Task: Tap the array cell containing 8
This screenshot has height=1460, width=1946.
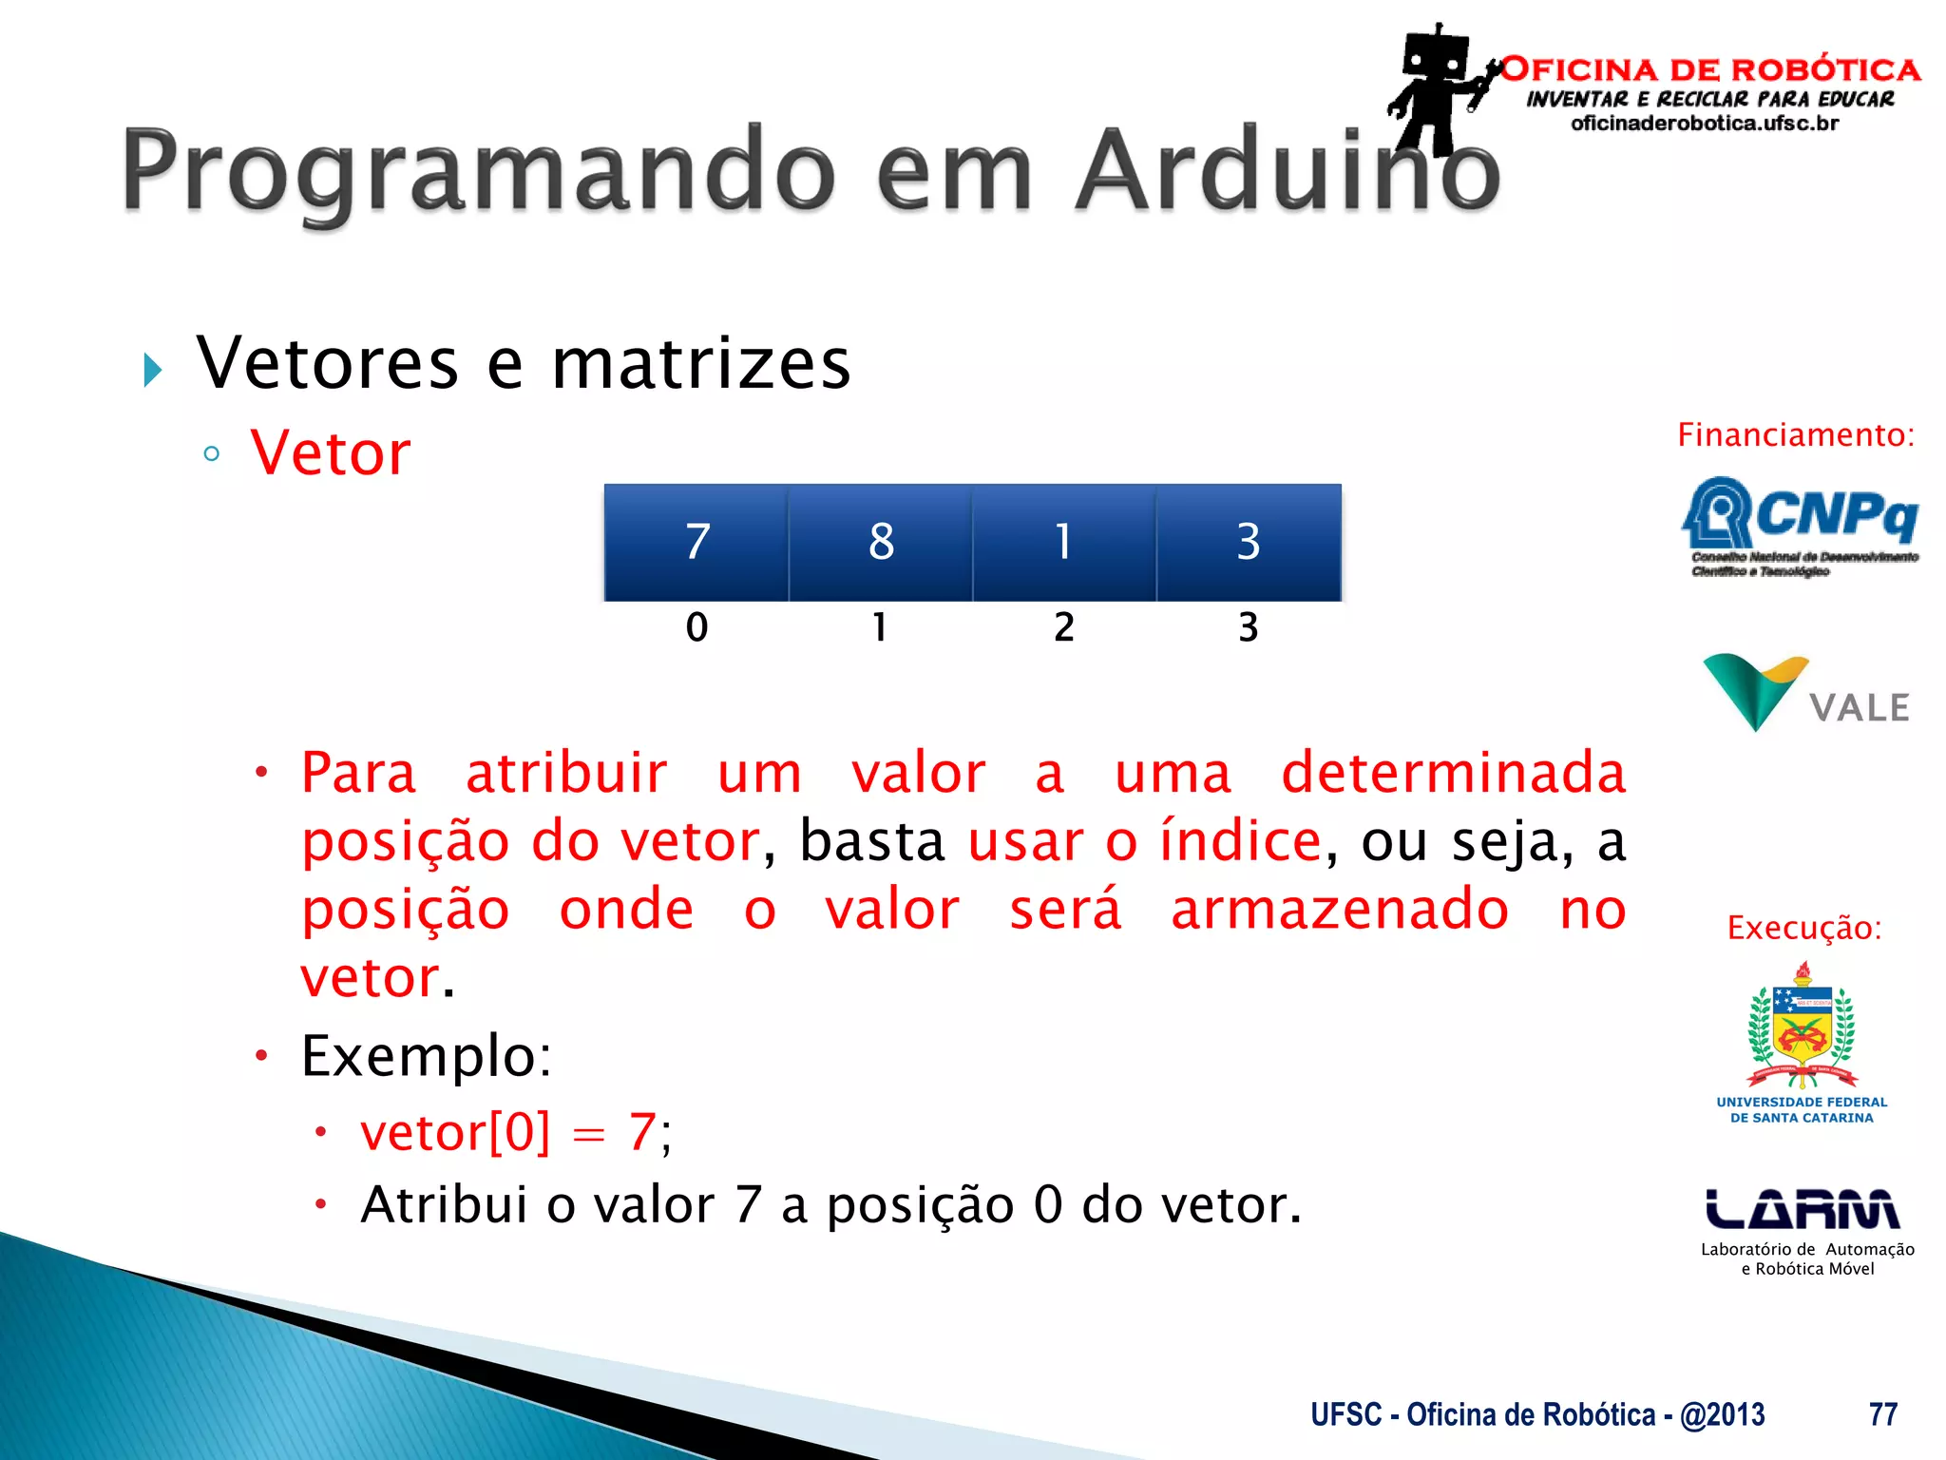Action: click(881, 543)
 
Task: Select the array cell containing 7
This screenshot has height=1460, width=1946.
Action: click(696, 543)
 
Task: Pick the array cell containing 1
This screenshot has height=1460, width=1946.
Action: click(1064, 543)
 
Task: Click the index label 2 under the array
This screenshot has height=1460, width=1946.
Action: click(1064, 627)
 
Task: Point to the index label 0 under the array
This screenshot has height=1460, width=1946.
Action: click(696, 627)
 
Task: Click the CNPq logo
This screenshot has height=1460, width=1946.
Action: click(1800, 525)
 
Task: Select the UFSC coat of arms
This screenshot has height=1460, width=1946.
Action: click(1802, 1027)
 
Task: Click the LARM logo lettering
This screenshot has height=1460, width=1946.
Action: click(1802, 1210)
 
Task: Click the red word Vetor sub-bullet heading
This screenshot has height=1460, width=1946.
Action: click(331, 453)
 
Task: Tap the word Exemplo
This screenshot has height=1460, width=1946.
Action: click(426, 1056)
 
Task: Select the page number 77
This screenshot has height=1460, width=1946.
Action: click(1882, 1414)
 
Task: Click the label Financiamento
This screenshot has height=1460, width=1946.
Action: click(1795, 435)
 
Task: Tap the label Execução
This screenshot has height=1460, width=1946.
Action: click(1803, 928)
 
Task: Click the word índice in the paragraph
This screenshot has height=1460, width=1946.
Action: click(1240, 841)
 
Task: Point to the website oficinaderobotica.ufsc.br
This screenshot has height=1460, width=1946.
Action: click(1705, 124)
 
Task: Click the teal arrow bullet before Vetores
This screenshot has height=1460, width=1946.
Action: click(152, 370)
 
